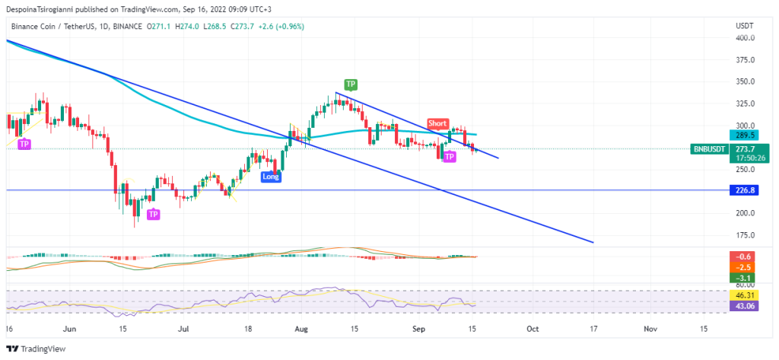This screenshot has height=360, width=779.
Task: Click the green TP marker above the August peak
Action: pyautogui.click(x=351, y=84)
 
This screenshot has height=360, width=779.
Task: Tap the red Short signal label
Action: pyautogui.click(x=437, y=123)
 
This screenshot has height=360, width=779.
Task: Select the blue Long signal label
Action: pyautogui.click(x=270, y=177)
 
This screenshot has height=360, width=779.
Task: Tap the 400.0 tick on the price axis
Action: pyautogui.click(x=745, y=38)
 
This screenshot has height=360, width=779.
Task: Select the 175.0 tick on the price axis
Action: pyautogui.click(x=745, y=235)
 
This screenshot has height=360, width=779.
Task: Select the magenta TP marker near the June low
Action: pyautogui.click(x=153, y=215)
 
